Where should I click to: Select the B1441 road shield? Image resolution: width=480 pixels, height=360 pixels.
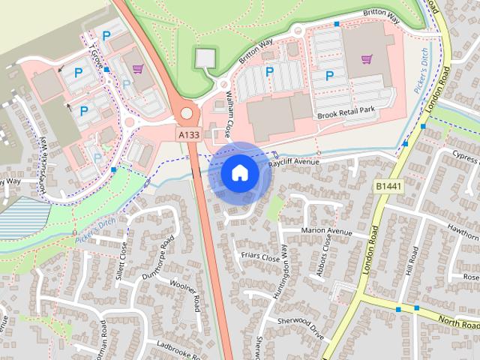pos(388,184)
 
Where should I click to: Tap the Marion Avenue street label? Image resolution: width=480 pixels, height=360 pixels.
pos(326,231)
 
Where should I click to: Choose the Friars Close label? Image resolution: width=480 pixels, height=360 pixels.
pos(259,258)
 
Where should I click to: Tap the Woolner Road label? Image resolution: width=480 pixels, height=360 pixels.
pos(184,293)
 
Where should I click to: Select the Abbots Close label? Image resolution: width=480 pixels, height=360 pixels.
pos(323,255)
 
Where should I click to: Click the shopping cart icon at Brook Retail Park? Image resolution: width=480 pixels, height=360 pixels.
pos(366,58)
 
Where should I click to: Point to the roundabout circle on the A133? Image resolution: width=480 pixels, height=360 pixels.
pos(186,114)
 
